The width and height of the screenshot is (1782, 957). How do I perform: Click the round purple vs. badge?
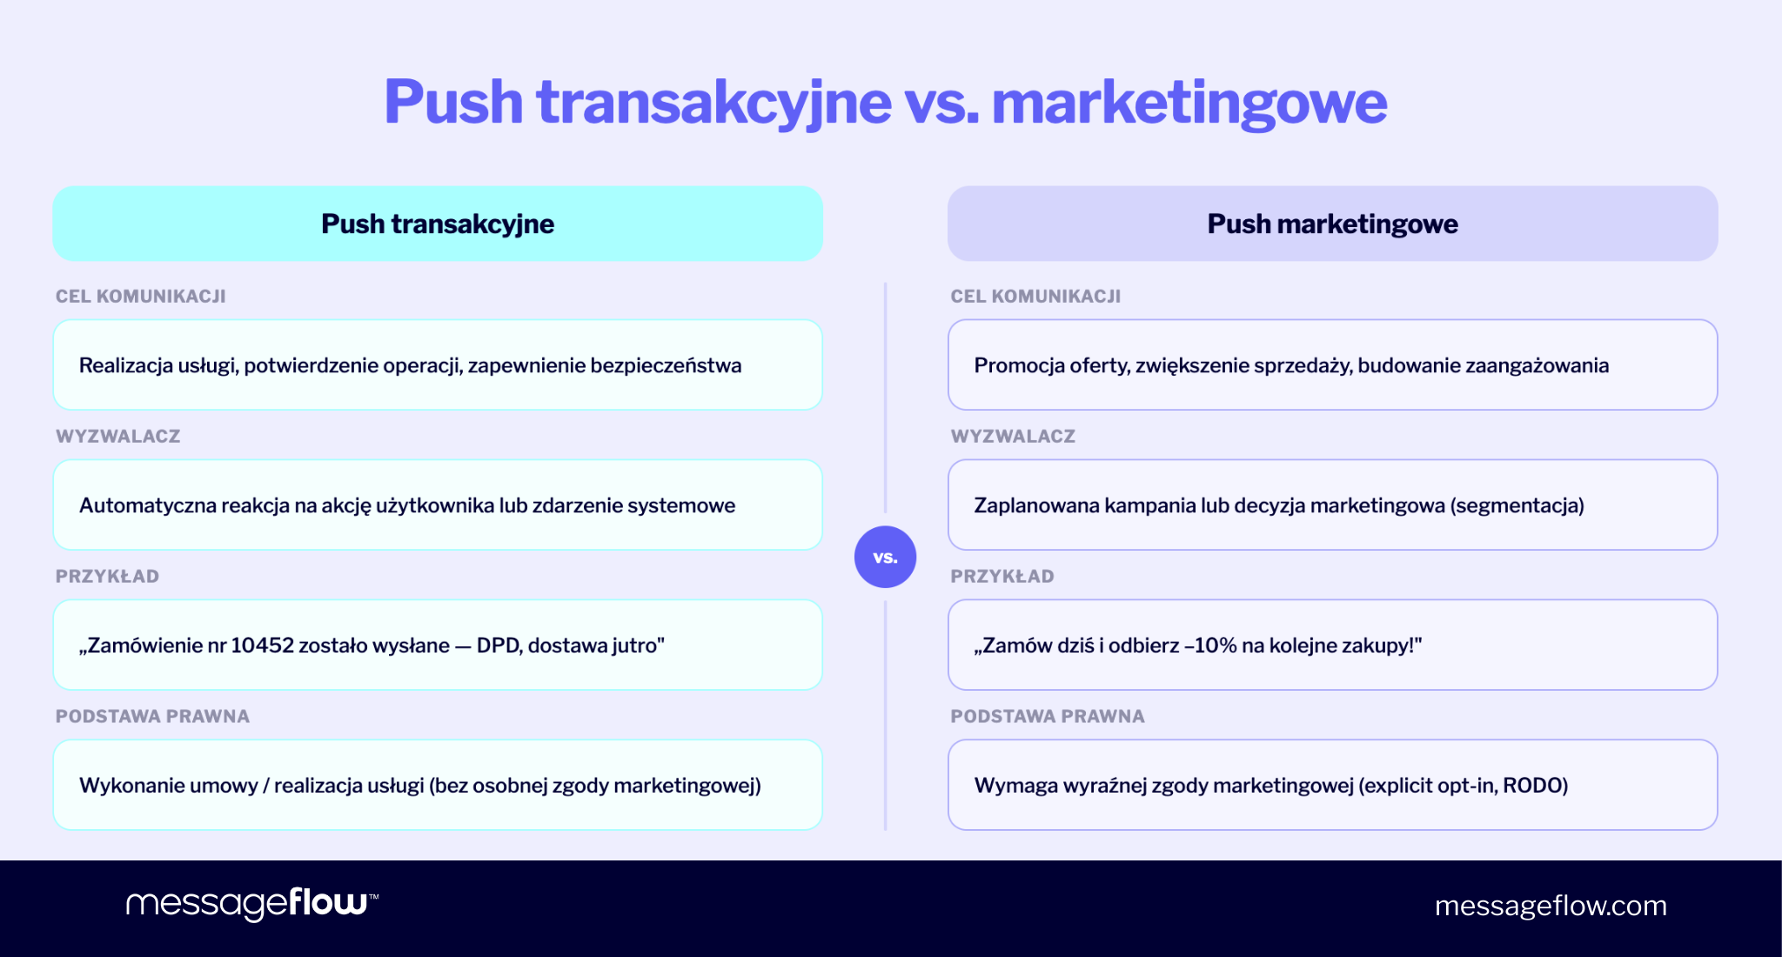[885, 557]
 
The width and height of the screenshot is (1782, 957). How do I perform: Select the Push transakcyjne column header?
[438, 224]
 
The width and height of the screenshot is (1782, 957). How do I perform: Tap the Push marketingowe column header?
[1332, 224]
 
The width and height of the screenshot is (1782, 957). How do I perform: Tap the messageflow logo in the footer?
[251, 904]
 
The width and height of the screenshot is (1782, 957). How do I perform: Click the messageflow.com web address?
[1551, 906]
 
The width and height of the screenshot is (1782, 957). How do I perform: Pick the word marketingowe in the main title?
[1189, 103]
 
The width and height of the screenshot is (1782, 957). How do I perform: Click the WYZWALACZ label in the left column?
[118, 437]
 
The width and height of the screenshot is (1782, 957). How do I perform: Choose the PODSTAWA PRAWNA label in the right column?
[1048, 717]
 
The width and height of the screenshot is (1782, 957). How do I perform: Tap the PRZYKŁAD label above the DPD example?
[108, 577]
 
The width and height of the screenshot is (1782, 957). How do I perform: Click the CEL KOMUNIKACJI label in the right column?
[1035, 297]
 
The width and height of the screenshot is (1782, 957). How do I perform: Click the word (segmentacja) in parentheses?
[1517, 505]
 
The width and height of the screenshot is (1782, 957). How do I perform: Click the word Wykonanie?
[131, 786]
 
